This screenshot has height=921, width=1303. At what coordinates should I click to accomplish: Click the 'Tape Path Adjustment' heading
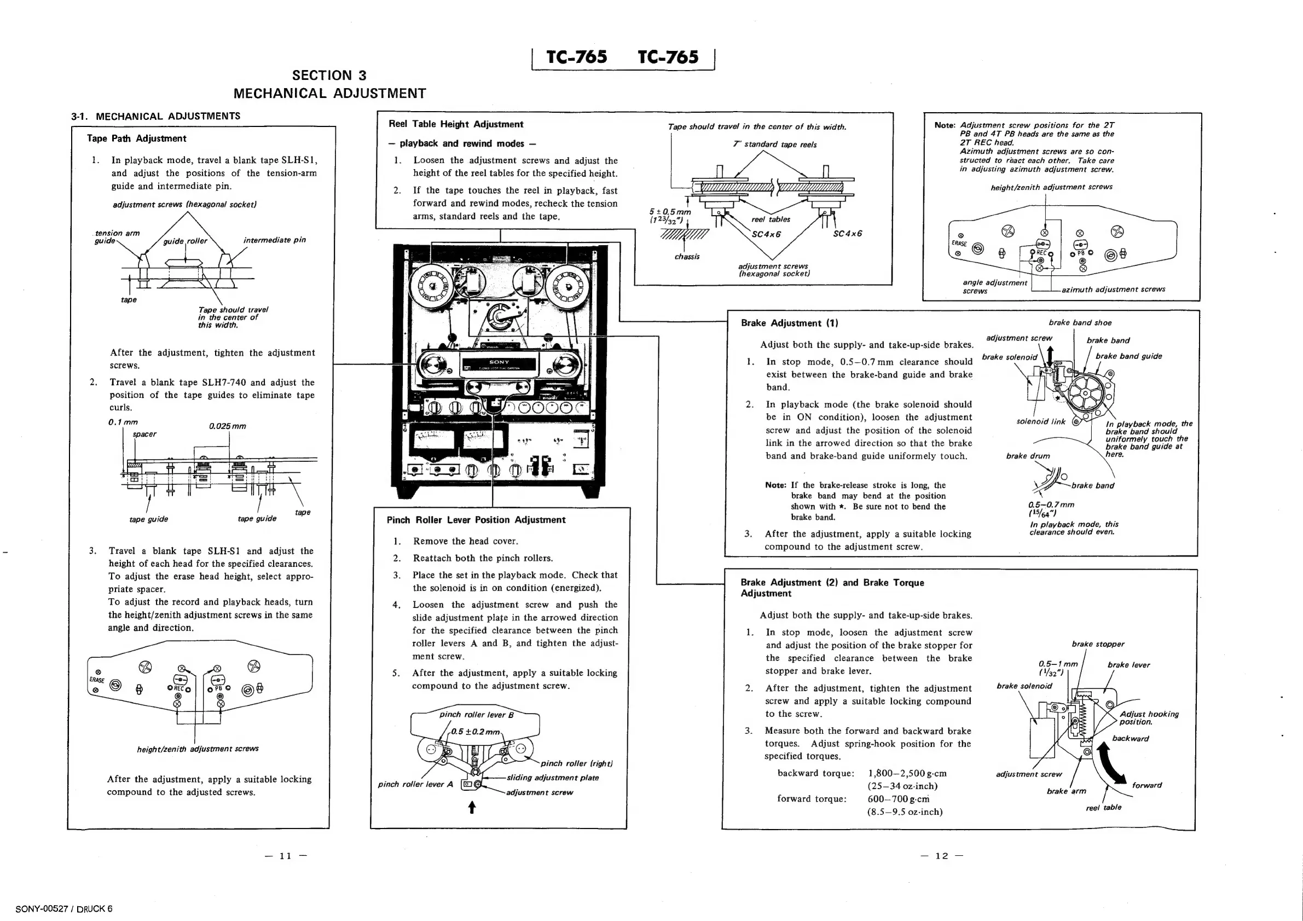[x=136, y=138]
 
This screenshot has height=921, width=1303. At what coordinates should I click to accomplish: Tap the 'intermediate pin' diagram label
[x=274, y=240]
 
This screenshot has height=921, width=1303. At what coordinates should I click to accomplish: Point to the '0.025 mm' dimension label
[x=227, y=426]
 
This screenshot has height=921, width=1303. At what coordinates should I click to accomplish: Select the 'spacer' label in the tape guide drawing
[x=144, y=434]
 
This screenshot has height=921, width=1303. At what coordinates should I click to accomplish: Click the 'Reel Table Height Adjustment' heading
[x=456, y=124]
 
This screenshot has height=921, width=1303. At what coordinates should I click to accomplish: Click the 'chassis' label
[x=687, y=257]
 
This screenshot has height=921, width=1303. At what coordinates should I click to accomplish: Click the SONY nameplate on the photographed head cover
[x=500, y=362]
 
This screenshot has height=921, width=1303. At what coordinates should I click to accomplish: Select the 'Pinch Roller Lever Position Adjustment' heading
[x=476, y=520]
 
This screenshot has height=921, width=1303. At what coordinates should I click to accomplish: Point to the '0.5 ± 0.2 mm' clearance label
[x=475, y=732]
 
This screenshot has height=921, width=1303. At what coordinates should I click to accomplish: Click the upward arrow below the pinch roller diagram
[x=472, y=807]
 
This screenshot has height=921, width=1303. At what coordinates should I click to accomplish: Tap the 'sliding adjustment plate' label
[x=552, y=778]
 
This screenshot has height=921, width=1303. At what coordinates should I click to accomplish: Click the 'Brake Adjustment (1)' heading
[x=789, y=323]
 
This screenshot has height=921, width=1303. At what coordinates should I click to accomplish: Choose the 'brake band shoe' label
[x=1079, y=323]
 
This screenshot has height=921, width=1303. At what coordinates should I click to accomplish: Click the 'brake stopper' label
[x=1098, y=644]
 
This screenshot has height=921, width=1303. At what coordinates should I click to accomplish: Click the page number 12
[x=941, y=856]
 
